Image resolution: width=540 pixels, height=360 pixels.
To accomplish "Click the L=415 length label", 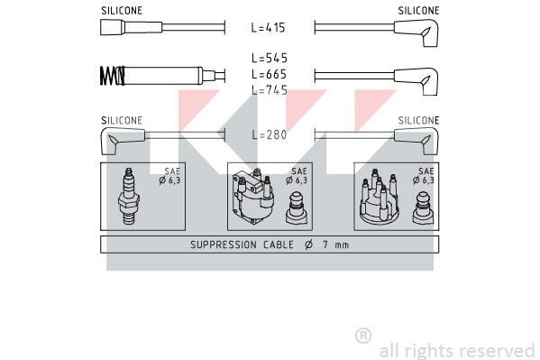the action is pyautogui.click(x=269, y=28).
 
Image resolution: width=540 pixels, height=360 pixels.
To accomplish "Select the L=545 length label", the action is pyautogui.click(x=270, y=58).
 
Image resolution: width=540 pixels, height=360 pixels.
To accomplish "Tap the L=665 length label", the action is pyautogui.click(x=270, y=74).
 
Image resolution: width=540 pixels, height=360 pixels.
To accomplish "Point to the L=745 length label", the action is pyautogui.click(x=270, y=90).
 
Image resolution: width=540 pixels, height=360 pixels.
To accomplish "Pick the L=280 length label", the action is pyautogui.click(x=270, y=134).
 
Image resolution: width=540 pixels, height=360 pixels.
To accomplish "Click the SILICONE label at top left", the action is pyautogui.click(x=122, y=11).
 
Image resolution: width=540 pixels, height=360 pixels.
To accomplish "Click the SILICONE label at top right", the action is pyautogui.click(x=419, y=11).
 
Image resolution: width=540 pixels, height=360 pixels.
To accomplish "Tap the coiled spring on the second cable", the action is pyautogui.click(x=113, y=76).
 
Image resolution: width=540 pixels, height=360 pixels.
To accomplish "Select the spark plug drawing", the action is pyautogui.click(x=128, y=196).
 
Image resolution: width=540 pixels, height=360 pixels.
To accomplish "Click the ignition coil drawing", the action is pyautogui.click(x=252, y=197).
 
